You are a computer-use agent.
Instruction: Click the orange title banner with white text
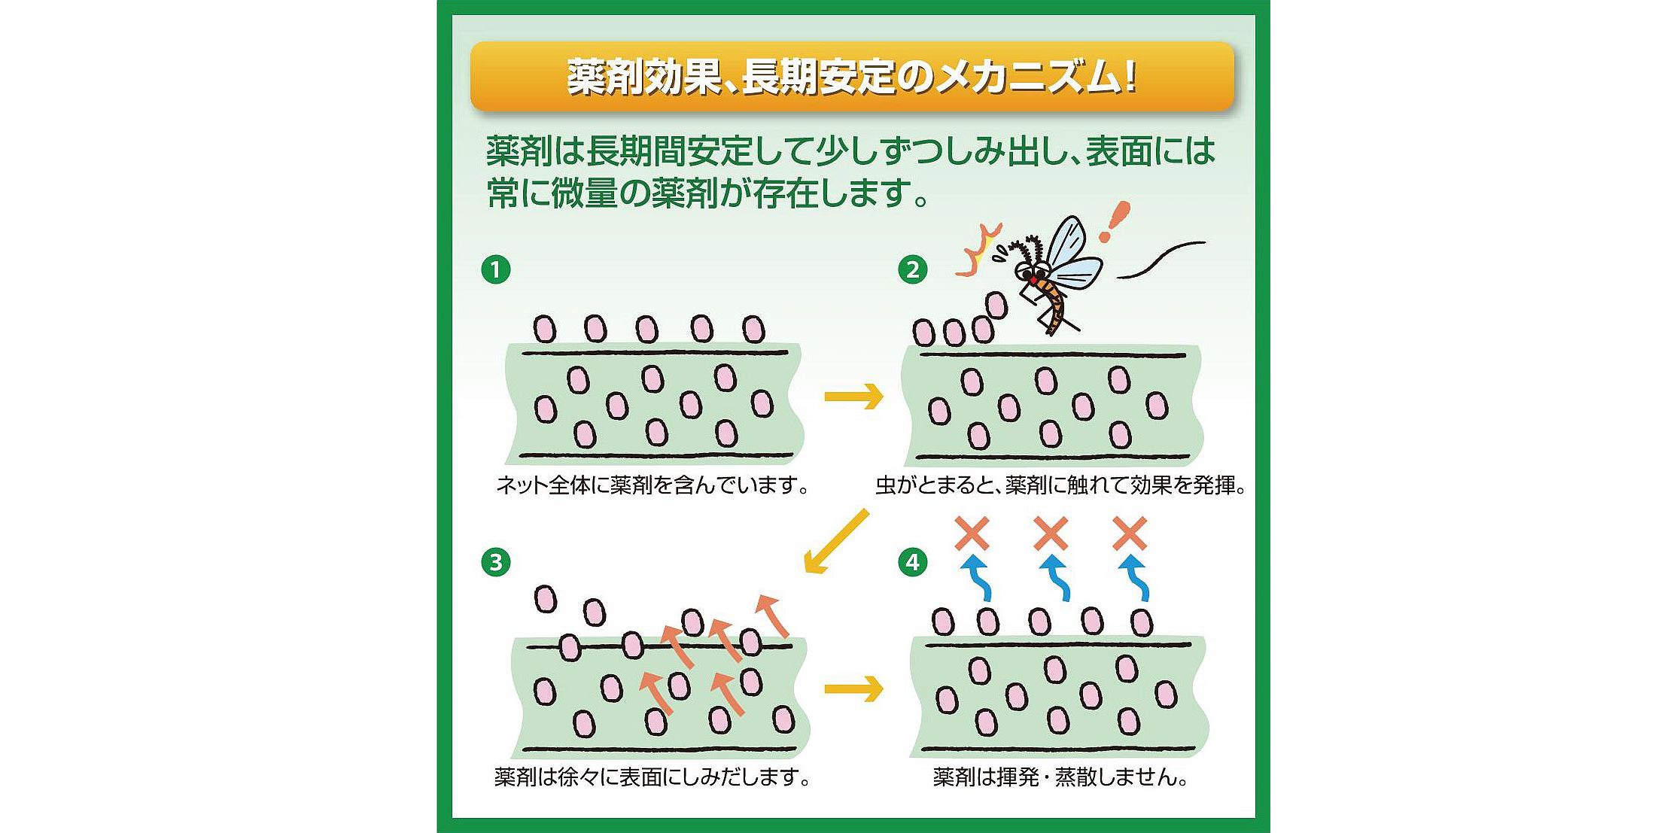coord(851,78)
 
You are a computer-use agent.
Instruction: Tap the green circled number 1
coord(495,269)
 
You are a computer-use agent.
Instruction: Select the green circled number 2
coord(912,269)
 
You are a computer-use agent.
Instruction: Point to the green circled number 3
coord(495,562)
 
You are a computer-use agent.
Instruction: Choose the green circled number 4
coord(912,562)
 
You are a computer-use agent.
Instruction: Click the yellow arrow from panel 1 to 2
coord(853,396)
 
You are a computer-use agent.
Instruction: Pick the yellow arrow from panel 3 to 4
coord(853,689)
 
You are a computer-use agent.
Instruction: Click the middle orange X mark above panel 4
coord(1051,534)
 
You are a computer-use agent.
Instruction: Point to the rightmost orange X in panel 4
coord(1129,534)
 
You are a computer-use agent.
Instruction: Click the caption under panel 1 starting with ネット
coord(653,485)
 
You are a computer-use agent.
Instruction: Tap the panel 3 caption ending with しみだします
coord(653,777)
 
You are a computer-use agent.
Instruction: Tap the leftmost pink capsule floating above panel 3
coord(545,600)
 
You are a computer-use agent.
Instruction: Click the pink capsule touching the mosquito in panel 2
coord(996,305)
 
